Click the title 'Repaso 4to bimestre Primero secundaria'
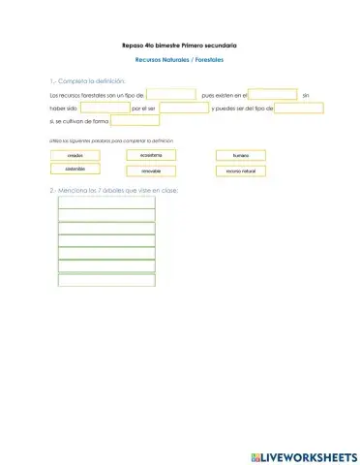[179, 46]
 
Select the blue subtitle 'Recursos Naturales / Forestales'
[179, 61]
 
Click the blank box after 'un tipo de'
[171, 95]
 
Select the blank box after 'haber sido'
[98, 108]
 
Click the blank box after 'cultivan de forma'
[135, 121]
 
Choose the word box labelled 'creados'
[75, 156]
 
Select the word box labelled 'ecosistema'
[150, 155]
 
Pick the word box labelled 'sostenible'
[75, 169]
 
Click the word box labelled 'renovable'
[150, 170]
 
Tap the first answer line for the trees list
[106, 202]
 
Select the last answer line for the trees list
[106, 280]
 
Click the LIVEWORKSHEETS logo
[303, 454]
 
